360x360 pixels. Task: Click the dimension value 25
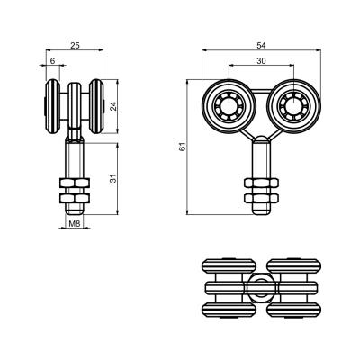[75, 46]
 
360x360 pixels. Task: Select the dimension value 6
[53, 61]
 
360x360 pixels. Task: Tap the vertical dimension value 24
[113, 106]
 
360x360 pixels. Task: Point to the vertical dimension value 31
[113, 178]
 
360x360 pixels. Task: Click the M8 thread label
[75, 223]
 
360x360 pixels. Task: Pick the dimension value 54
[261, 46]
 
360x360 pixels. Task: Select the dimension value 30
[261, 61]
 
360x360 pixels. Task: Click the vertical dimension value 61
[183, 147]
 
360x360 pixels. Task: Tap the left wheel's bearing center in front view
[229, 106]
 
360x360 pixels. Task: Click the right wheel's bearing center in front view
[293, 106]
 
